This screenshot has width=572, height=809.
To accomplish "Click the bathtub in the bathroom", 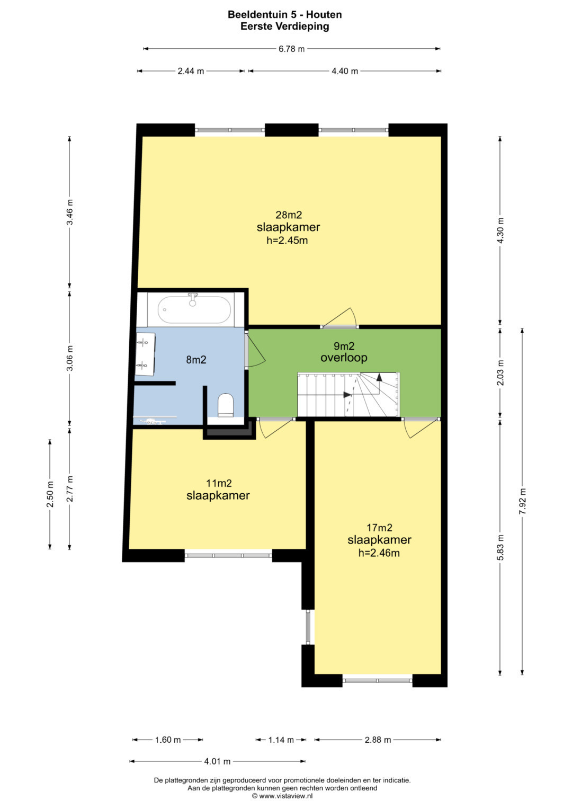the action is (194, 309).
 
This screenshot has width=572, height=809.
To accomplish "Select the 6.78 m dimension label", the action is (291, 49).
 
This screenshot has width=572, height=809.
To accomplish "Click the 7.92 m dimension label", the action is (522, 502).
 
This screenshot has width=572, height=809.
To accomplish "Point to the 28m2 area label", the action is (289, 215).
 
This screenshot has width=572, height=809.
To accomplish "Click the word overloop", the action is (344, 358).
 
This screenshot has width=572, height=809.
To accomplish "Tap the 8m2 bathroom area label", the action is (196, 360).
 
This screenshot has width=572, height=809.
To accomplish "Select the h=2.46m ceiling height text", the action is (379, 553).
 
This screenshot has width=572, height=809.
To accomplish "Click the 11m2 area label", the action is (219, 483).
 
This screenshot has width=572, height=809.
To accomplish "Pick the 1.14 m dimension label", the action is (281, 740).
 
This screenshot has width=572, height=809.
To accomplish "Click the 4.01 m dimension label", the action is (217, 761).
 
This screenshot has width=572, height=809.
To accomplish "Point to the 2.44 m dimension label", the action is (191, 71).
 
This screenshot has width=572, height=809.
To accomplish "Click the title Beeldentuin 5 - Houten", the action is (285, 14).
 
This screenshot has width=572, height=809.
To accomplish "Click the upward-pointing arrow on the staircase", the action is (379, 377).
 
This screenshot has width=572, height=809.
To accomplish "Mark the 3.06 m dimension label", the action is (70, 358).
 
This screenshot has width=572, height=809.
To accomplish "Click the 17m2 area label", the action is (379, 528).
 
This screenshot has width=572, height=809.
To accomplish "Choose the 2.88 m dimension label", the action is (378, 740).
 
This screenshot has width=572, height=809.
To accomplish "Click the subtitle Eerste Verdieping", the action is (285, 26).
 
